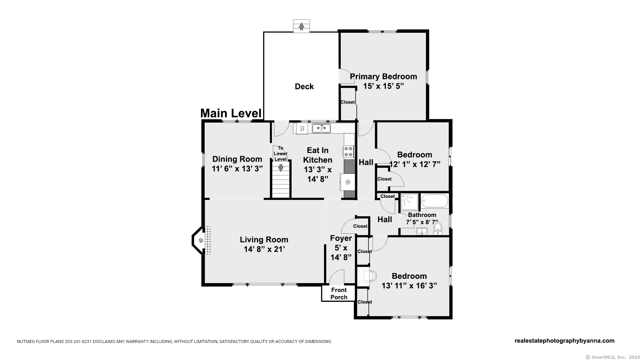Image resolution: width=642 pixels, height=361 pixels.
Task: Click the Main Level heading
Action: (231, 113)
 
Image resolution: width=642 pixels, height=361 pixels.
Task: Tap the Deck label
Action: (304, 87)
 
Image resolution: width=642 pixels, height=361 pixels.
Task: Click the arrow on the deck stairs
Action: (301, 26)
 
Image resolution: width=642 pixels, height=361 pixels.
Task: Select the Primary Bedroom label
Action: (383, 77)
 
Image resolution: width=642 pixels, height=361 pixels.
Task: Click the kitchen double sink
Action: (321, 128)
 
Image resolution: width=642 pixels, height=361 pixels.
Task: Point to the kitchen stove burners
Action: (348, 151)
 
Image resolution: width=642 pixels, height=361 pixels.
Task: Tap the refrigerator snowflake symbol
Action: (348, 182)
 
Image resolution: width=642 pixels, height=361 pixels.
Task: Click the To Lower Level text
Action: (281, 153)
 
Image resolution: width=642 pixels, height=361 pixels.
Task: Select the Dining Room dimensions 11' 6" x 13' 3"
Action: (237, 168)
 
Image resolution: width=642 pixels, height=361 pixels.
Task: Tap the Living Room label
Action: (264, 240)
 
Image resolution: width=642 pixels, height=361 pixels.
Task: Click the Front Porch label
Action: (339, 293)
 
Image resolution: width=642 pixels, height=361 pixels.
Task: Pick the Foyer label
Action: (341, 238)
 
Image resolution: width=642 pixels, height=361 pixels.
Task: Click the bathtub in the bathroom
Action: (435, 201)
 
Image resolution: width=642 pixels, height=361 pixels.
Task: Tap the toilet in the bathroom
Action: (438, 229)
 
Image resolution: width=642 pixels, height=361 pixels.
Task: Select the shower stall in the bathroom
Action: (409, 202)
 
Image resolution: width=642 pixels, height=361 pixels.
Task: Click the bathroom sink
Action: (422, 231)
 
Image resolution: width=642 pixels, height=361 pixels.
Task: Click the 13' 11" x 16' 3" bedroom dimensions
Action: (409, 286)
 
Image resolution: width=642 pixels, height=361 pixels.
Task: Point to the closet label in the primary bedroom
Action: (347, 102)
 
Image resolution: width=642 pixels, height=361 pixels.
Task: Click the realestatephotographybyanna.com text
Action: (564, 341)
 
